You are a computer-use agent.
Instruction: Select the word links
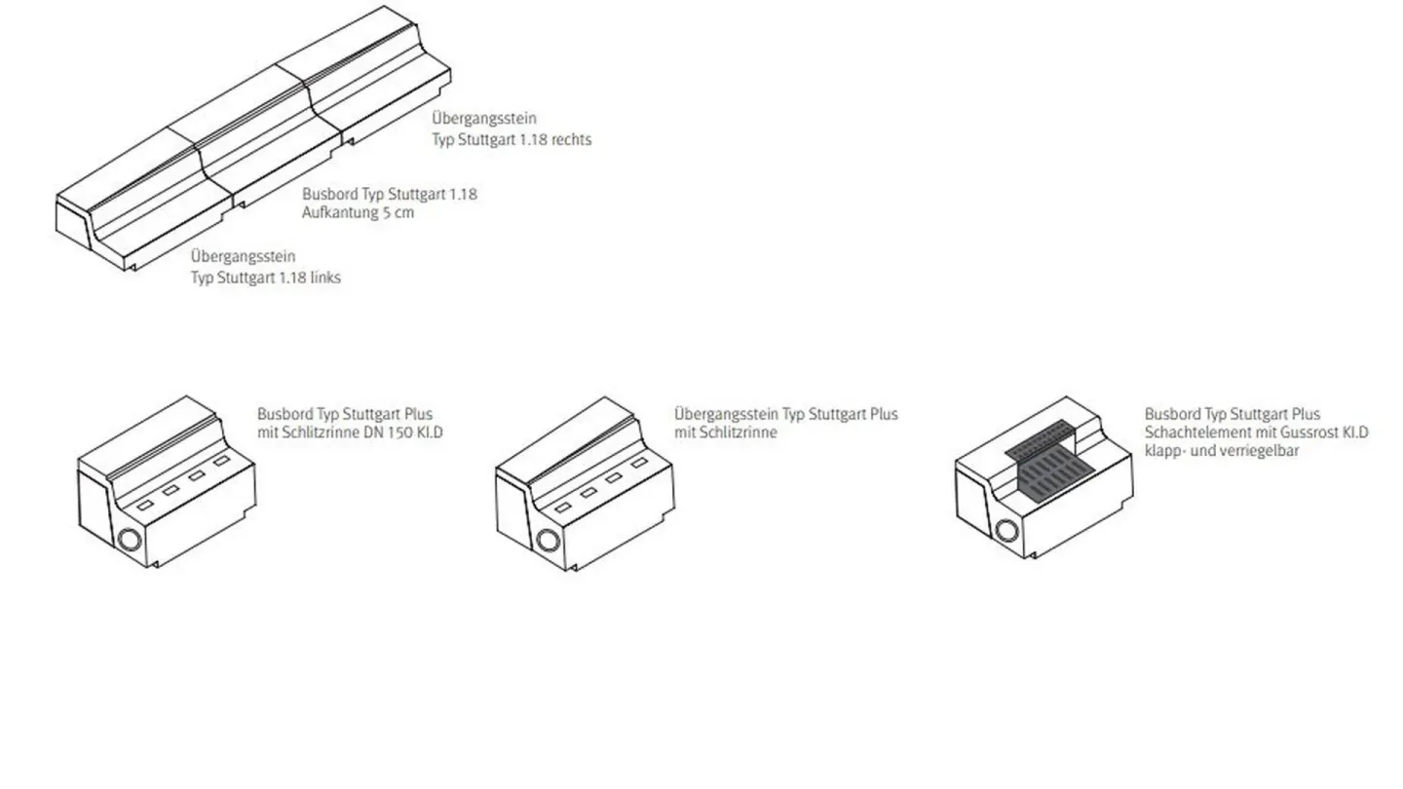tap(323, 278)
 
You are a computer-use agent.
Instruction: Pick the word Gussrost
tap(1311, 432)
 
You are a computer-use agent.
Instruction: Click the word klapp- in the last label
tap(1165, 451)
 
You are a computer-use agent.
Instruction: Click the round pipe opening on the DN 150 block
tap(129, 540)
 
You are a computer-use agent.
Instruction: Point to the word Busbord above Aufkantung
tap(329, 194)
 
